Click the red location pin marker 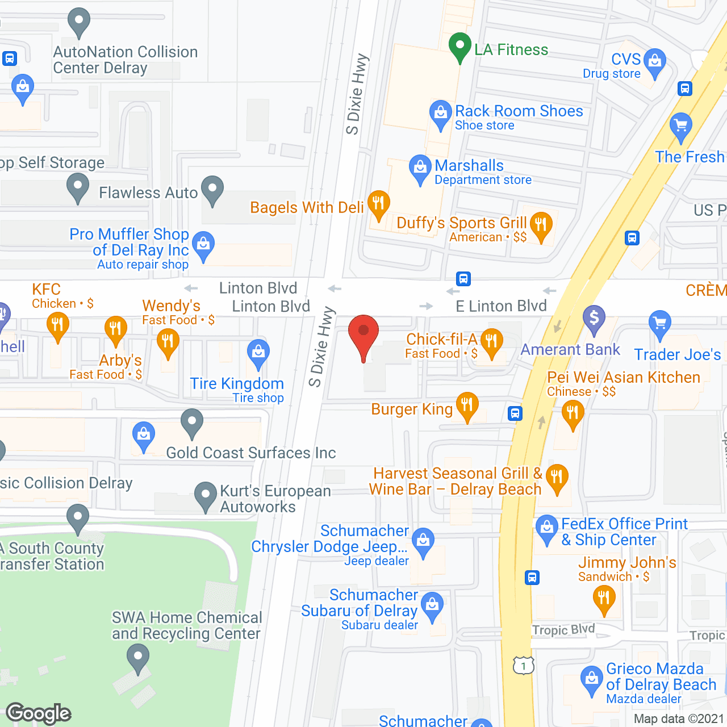(363, 335)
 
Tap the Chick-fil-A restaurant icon (492, 341)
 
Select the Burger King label (412, 410)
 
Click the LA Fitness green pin (459, 46)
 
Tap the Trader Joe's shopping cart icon (659, 323)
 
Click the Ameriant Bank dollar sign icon (594, 318)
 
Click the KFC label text (46, 289)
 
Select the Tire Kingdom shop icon (258, 353)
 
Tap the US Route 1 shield (523, 665)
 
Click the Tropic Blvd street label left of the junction (563, 629)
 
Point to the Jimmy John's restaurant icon (604, 599)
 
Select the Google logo (39, 713)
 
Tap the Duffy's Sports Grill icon (541, 226)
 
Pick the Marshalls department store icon (420, 168)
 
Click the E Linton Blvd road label (501, 306)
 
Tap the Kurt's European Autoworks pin (206, 495)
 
